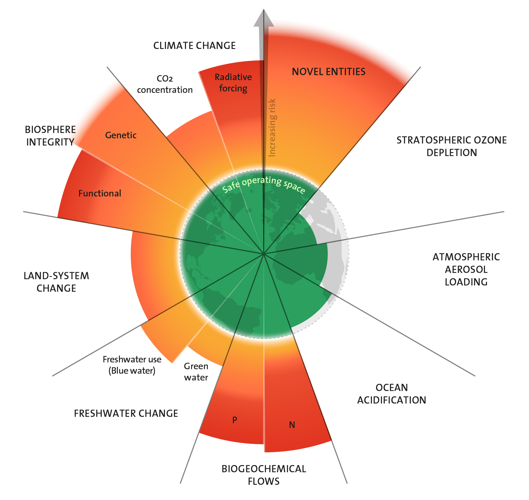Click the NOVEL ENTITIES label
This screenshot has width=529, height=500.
pyautogui.click(x=329, y=72)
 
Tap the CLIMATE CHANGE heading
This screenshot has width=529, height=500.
pyautogui.click(x=194, y=46)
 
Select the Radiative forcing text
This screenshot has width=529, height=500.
pyautogui.click(x=233, y=83)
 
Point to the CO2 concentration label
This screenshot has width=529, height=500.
pyautogui.click(x=165, y=84)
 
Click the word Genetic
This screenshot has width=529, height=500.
pyautogui.click(x=121, y=135)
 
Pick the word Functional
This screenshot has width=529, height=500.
pyautogui.click(x=99, y=193)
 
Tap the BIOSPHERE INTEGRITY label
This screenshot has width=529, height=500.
pyautogui.click(x=50, y=136)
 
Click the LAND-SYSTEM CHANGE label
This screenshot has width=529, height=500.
pyautogui.click(x=56, y=282)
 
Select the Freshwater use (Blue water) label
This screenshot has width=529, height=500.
pyautogui.click(x=132, y=365)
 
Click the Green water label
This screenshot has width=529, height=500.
pyautogui.click(x=196, y=371)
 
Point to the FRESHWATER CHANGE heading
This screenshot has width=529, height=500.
pyautogui.click(x=126, y=413)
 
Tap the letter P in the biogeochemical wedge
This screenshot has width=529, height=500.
pyautogui.click(x=235, y=420)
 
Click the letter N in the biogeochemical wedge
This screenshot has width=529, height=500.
pyautogui.click(x=292, y=425)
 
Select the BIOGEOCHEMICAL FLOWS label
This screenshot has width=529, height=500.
pyautogui.click(x=264, y=475)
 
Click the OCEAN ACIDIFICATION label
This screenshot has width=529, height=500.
pyautogui.click(x=391, y=393)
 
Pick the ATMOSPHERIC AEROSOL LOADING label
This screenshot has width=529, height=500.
pyautogui.click(x=466, y=269)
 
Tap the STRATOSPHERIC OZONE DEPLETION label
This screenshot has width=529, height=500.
pyautogui.click(x=452, y=146)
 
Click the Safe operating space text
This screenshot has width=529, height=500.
pyautogui.click(x=264, y=184)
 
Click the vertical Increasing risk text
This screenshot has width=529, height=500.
pyautogui.click(x=272, y=127)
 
